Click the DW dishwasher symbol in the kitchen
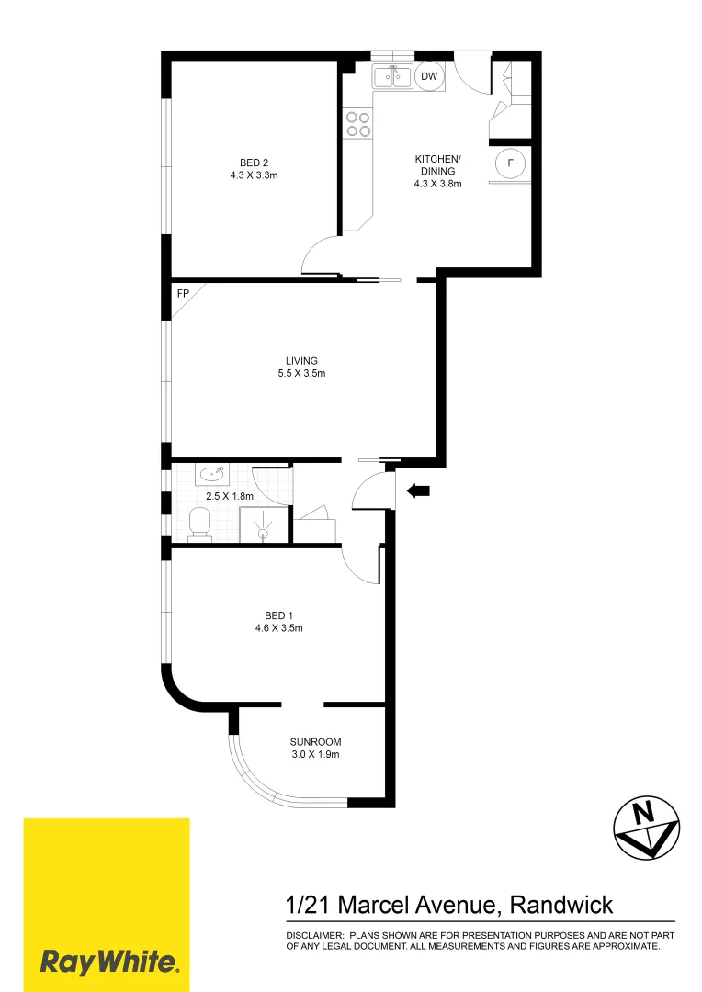pos(429,77)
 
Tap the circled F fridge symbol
pos(510,163)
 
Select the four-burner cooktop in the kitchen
pos(357,124)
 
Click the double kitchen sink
pos(392,77)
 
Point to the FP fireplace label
pos(183,295)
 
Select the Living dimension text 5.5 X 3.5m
pos(300,374)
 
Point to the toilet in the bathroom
pos(198,524)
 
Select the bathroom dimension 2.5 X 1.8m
pos(229,496)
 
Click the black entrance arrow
pos(418,492)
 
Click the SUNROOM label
pos(315,741)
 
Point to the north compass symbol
pos(647,826)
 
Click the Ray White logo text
pos(108,963)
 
